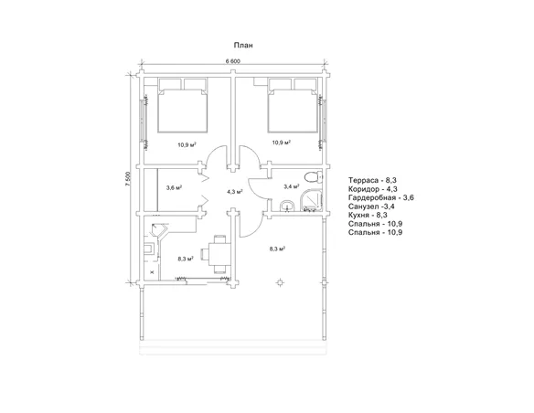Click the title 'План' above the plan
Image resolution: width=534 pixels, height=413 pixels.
pos(243,46)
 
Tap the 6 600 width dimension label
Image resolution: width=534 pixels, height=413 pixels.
pos(233,61)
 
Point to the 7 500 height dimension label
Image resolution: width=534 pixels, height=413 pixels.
pos(128,179)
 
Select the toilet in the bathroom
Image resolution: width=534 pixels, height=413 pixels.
pos(313,177)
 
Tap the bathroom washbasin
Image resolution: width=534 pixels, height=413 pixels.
pos(287,206)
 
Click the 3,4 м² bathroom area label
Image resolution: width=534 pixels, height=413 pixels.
pos(292,186)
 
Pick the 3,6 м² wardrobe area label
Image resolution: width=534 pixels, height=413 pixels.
pos(174,187)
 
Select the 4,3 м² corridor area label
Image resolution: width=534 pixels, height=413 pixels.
pos(235,192)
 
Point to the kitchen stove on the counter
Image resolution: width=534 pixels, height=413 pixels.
pos(150,249)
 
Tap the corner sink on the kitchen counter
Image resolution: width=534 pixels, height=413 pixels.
pos(159,230)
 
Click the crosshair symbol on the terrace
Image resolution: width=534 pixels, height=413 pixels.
pos(280,282)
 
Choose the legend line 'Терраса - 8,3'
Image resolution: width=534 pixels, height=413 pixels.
pos(372,180)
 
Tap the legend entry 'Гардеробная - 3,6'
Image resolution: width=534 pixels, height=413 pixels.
pos(381,197)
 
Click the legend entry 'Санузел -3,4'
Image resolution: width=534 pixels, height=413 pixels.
pos(371,206)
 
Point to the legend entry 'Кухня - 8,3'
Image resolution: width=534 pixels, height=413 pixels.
pos(368,215)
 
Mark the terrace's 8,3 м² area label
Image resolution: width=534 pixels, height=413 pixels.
pos(277,249)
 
